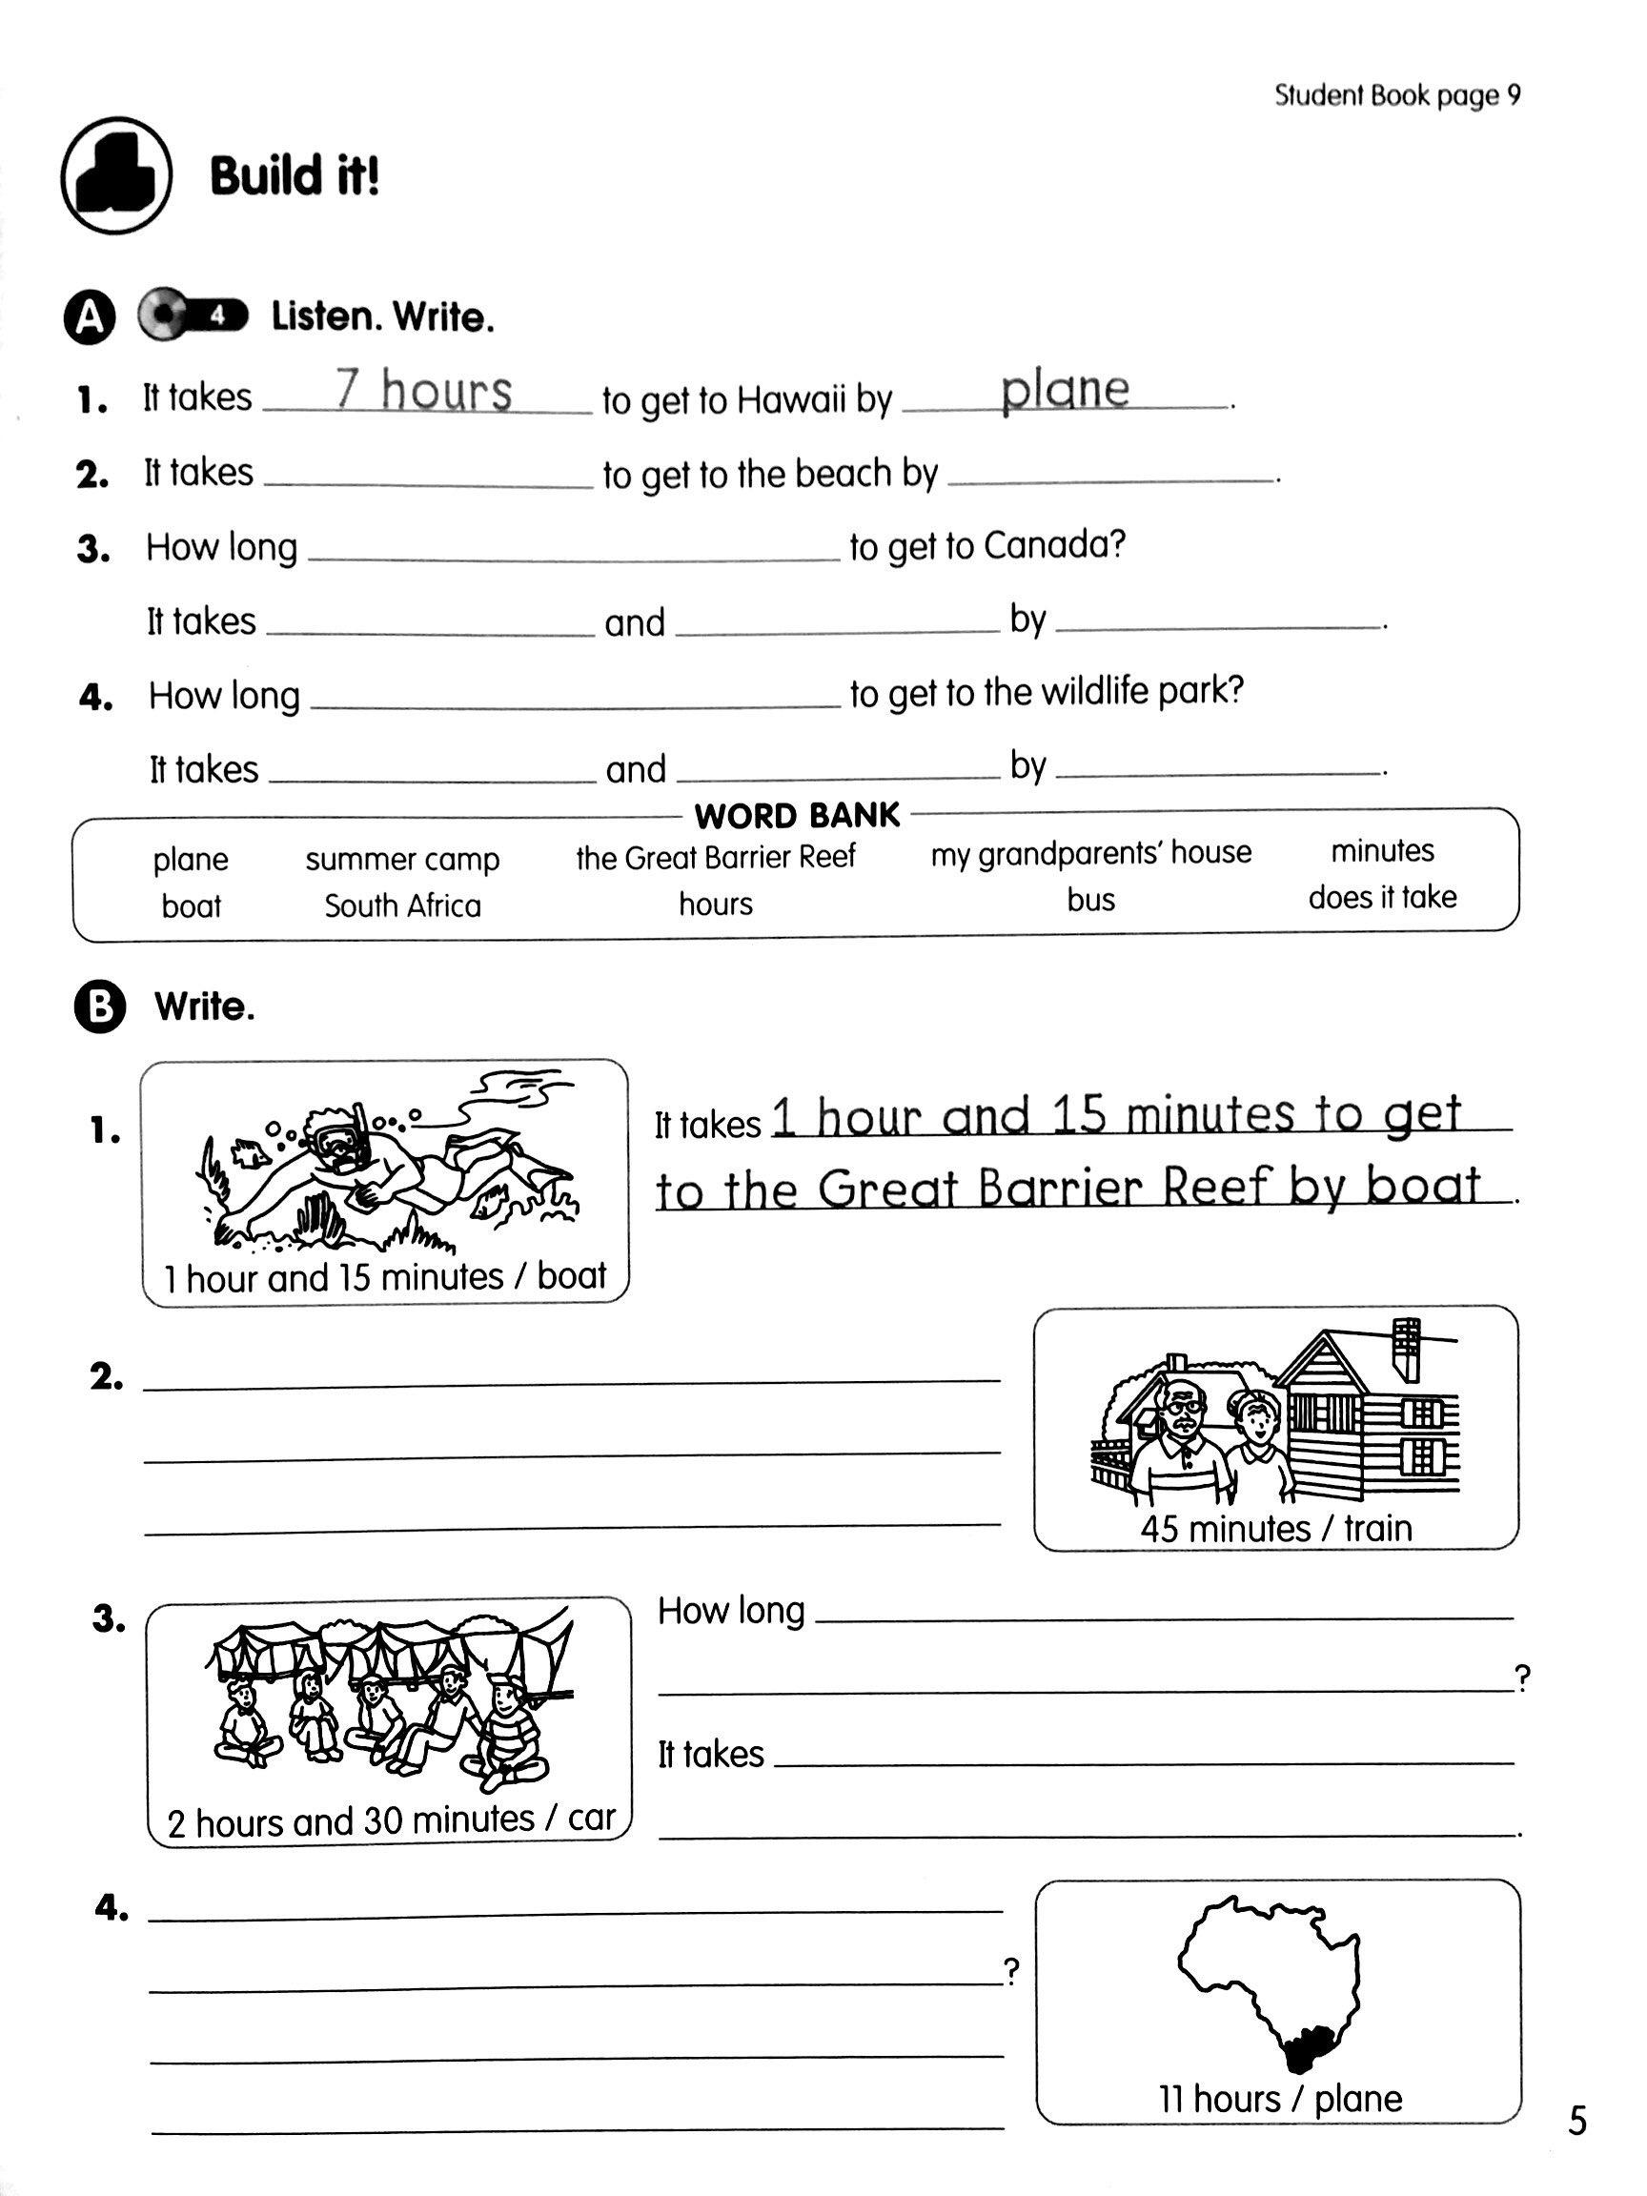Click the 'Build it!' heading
(x=294, y=176)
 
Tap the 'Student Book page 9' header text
(x=1395, y=95)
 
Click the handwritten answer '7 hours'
(x=424, y=389)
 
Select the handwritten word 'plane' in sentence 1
(x=1065, y=389)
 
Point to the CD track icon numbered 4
(x=194, y=315)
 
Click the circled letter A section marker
(x=90, y=316)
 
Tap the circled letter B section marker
(x=99, y=1007)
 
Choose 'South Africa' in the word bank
(x=402, y=905)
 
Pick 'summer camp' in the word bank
(x=402, y=859)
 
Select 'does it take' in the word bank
(x=1382, y=898)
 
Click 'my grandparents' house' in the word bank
(x=1090, y=853)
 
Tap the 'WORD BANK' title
(x=797, y=816)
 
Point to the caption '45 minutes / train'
(x=1275, y=1528)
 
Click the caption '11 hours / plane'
(x=1280, y=2099)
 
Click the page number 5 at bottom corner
(x=1577, y=2122)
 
